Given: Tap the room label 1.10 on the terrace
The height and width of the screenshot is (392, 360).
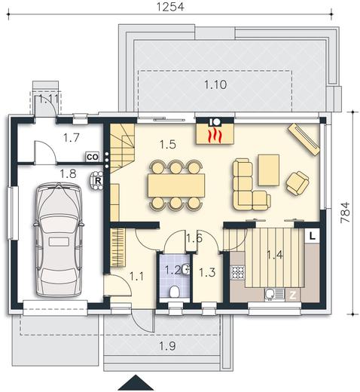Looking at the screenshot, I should pos(215,84).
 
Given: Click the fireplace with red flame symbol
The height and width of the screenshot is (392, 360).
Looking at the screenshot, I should pos(215,133).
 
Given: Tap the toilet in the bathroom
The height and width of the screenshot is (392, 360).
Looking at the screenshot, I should pos(175,292).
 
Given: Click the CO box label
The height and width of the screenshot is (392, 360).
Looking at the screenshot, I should pos(92,157).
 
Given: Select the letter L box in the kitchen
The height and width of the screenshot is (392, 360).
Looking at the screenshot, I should pos(312,235).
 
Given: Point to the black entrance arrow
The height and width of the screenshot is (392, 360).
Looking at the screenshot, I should pos(136,382).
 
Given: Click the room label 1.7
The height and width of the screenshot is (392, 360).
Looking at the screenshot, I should pos(71,137).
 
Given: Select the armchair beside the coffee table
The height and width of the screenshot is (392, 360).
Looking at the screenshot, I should pos(297,182).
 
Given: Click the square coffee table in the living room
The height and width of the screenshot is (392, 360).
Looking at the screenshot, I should pos(268,167).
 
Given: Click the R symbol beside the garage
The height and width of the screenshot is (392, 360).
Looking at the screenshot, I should pos(98,181).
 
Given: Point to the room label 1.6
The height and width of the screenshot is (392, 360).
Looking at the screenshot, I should pos(194,239).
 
